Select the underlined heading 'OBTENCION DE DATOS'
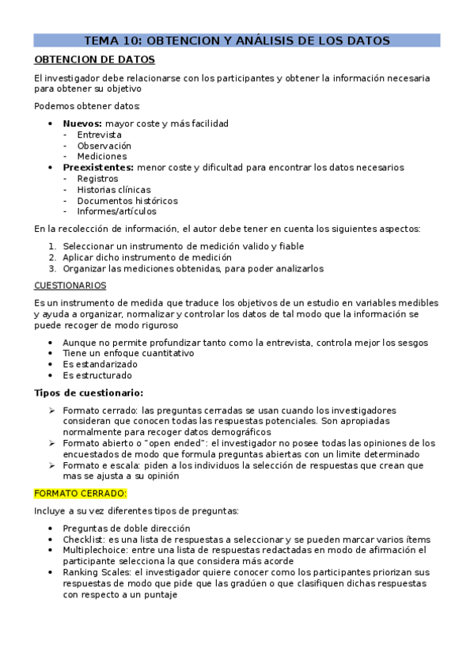[94, 59]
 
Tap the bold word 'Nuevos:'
[82, 124]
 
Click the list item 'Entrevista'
[99, 135]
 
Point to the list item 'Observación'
[104, 146]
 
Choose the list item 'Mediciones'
[101, 157]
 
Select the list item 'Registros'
[97, 179]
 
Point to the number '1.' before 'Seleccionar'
[53, 247]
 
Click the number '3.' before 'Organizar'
[53, 269]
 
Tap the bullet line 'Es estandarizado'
[100, 365]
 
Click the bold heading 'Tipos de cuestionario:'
[89, 393]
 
